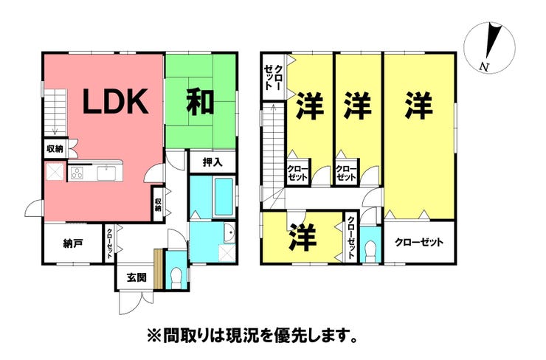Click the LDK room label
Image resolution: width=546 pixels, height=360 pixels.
click(x=115, y=101)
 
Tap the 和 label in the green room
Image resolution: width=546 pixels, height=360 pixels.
click(x=200, y=101)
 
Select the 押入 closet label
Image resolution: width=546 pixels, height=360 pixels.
click(x=212, y=162)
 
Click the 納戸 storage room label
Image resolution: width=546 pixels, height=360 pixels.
click(x=73, y=243)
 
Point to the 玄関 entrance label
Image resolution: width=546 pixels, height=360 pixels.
click(x=136, y=277)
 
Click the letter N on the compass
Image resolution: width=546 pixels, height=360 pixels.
click(x=484, y=66)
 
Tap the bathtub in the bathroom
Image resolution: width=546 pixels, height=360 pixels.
click(x=224, y=197)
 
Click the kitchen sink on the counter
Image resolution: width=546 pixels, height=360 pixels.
click(x=106, y=173)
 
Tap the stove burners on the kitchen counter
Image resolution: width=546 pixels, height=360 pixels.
click(x=77, y=173)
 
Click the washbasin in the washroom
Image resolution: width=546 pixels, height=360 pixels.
click(x=229, y=233)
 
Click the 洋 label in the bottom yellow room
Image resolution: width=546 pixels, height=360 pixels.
click(x=303, y=238)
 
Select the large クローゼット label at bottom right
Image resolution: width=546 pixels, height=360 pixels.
click(x=419, y=242)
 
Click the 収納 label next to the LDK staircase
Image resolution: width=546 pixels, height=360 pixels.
click(x=55, y=149)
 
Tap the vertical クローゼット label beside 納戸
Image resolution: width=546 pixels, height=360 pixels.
click(x=109, y=243)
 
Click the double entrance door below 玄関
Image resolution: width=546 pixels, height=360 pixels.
click(x=136, y=303)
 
